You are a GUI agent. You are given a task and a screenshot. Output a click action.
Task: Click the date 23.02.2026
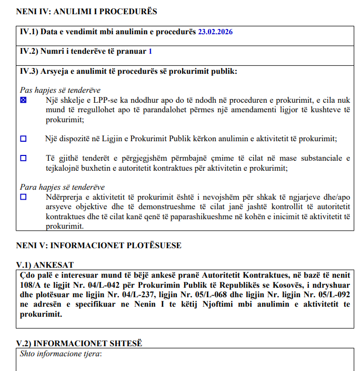pyautogui.click(x=215, y=32)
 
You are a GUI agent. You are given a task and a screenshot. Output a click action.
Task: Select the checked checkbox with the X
pyautogui.click(x=23, y=100)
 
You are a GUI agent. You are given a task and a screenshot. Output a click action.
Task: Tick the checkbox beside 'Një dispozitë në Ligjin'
pyautogui.click(x=23, y=139)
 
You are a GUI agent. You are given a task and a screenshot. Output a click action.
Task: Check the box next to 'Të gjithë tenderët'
pyautogui.click(x=23, y=158)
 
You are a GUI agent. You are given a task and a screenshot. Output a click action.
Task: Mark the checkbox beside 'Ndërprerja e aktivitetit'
pyautogui.click(x=23, y=197)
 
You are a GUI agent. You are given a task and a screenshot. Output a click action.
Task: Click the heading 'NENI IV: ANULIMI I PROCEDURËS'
pyautogui.click(x=86, y=11)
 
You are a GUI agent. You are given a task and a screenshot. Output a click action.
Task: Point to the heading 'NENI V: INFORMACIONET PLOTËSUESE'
pyautogui.click(x=99, y=246)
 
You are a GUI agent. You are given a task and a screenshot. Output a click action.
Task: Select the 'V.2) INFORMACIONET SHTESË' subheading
pyautogui.click(x=79, y=343)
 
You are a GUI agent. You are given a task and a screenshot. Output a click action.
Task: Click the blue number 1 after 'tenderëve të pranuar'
pyautogui.click(x=151, y=52)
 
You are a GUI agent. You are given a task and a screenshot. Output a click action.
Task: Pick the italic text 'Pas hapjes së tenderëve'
pyautogui.click(x=60, y=90)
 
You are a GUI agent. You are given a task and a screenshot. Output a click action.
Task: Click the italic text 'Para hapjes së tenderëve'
pyautogui.click(x=62, y=187)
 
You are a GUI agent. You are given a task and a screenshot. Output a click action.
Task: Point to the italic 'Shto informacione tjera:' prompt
pyautogui.click(x=60, y=353)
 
